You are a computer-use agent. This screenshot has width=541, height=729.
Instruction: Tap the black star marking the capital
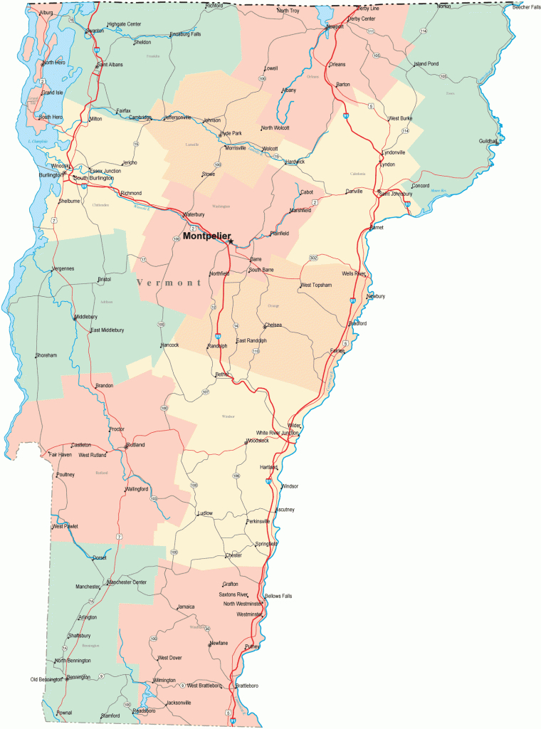[x=231, y=242]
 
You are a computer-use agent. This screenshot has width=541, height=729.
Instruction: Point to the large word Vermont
[x=169, y=283]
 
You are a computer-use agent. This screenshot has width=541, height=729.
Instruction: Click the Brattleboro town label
[x=246, y=686]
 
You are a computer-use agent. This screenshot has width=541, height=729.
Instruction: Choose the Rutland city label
[x=136, y=445]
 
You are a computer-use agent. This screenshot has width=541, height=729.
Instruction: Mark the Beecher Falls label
[x=527, y=7]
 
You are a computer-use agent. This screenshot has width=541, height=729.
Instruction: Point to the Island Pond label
[x=426, y=63]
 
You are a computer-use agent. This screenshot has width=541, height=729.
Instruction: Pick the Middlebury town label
[x=86, y=317]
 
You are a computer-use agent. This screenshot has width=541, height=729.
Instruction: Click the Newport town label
[x=335, y=26]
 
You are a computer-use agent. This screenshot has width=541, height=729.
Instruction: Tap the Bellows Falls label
[x=278, y=595]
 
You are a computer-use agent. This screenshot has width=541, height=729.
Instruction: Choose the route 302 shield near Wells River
[x=313, y=257]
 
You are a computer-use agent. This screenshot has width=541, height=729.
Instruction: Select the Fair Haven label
[x=60, y=454]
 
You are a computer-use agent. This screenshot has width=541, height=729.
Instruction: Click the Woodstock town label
[x=258, y=441]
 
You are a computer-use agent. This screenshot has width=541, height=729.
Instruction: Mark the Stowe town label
[x=208, y=173]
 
